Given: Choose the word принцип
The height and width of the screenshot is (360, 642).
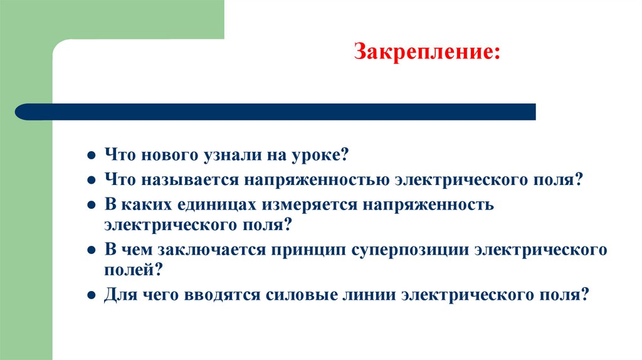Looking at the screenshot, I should [312, 250].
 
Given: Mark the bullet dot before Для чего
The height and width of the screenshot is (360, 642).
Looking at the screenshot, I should [91, 295].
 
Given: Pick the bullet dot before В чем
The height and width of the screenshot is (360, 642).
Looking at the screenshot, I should [91, 250].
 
